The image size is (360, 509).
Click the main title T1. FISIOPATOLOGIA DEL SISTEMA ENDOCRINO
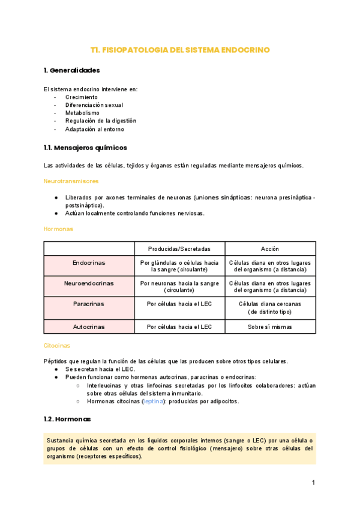click(179, 50)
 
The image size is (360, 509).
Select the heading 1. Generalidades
click(72, 70)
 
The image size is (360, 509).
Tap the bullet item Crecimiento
click(82, 97)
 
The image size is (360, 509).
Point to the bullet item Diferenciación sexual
click(94, 105)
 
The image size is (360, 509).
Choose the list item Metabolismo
click(83, 113)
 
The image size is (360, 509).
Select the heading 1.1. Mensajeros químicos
click(85, 148)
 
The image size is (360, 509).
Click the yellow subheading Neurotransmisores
click(71, 181)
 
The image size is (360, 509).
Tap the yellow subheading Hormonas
click(58, 229)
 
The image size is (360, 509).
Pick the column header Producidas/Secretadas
click(179, 249)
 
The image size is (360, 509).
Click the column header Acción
click(269, 249)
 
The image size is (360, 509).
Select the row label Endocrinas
click(89, 263)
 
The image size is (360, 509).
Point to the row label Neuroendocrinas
click(89, 283)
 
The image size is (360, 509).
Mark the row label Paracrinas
click(89, 304)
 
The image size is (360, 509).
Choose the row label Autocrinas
click(89, 327)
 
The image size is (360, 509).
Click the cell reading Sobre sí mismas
click(269, 327)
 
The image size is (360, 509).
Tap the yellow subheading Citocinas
click(57, 346)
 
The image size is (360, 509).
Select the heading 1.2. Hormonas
click(68, 419)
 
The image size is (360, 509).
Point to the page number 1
click(313, 483)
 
